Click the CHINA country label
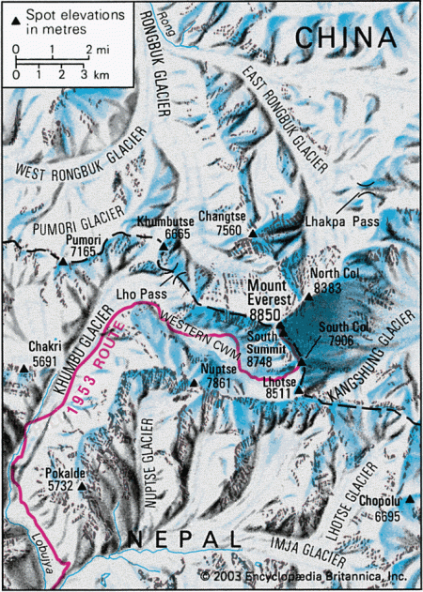point(345,38)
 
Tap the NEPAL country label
point(183,539)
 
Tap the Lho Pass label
point(134,293)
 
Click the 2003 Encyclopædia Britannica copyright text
point(303,575)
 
